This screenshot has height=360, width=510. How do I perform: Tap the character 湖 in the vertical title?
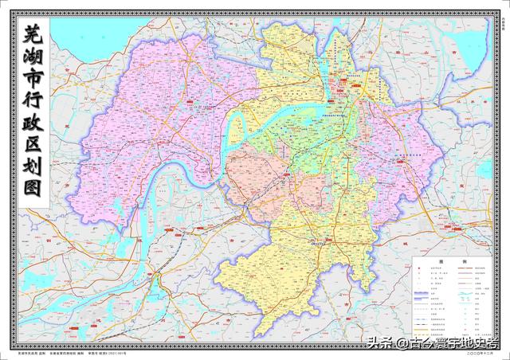pyautogui.click(x=33, y=58)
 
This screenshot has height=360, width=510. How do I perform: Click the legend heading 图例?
pyautogui.click(x=451, y=261)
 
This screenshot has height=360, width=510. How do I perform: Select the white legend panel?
pyautogui.click(x=451, y=299)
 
